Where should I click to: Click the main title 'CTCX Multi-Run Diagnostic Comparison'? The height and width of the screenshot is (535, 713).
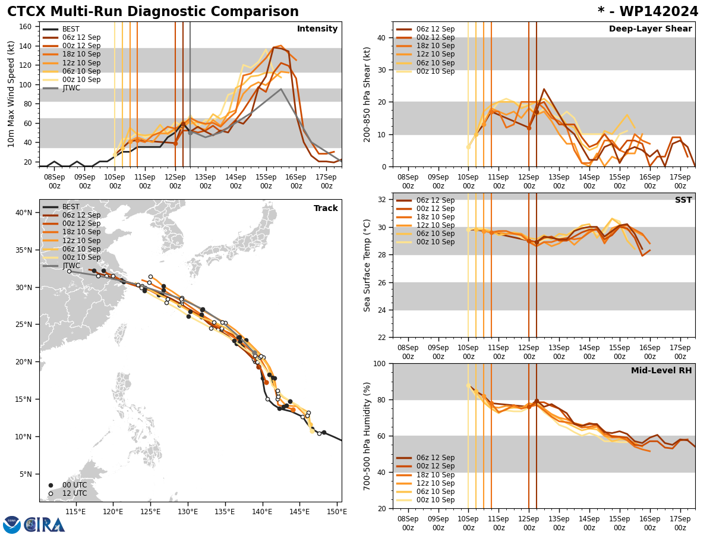click(153, 12)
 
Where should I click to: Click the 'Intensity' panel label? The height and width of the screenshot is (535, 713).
click(317, 29)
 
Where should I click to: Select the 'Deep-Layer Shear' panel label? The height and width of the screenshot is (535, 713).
click(650, 29)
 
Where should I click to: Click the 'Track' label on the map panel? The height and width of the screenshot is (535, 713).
click(326, 209)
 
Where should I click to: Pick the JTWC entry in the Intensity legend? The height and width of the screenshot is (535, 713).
click(71, 88)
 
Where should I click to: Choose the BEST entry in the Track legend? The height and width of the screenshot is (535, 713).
click(71, 207)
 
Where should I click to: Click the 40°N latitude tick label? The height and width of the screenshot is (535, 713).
click(24, 212)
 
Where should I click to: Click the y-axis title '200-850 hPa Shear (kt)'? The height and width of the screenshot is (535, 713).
click(367, 94)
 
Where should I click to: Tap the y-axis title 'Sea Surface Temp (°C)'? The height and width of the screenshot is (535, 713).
click(367, 265)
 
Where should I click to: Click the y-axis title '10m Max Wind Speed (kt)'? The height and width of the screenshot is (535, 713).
click(11, 94)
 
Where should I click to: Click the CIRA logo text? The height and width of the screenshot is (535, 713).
click(45, 525)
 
